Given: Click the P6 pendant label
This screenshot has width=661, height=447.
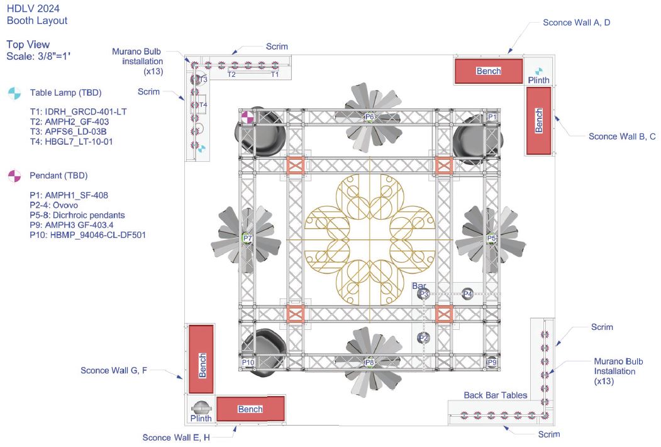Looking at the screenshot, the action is tap(370, 117).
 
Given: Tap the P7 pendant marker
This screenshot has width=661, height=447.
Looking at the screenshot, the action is tap(247, 239).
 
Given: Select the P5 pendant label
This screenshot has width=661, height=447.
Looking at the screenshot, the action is tap(492, 239).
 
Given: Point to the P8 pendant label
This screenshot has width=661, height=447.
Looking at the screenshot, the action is tap(369, 362).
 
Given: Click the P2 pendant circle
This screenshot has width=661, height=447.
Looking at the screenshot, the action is tap(424, 337).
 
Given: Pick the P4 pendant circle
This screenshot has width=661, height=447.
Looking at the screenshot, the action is tap(467, 293).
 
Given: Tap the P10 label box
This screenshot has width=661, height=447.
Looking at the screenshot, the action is tap(248, 362).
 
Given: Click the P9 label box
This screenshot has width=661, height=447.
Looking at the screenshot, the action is tap(492, 362).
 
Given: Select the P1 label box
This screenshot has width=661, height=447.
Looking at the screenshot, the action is tap(492, 117).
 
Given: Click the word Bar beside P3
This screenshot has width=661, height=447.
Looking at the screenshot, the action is tap(419, 286).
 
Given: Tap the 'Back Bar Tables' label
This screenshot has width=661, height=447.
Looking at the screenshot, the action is tap(496, 395).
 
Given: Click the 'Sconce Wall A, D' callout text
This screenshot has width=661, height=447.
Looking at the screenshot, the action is tap(576, 23).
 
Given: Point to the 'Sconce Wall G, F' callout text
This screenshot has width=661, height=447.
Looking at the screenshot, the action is tap(114, 370).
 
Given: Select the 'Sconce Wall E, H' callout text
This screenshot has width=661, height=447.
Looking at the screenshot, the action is tap(176, 438).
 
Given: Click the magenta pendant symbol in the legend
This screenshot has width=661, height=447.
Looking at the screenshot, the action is tap(14, 176).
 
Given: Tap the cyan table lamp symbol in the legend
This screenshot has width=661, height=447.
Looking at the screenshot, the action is tap(14, 93).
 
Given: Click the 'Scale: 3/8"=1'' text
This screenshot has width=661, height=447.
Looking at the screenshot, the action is tap(38, 56).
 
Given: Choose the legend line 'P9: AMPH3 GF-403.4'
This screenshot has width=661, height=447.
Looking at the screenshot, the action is tap(71, 225).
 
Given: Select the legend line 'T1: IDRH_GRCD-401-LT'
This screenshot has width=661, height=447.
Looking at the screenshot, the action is tap(78, 112).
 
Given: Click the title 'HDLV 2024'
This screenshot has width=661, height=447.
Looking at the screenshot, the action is tap(33, 8).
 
